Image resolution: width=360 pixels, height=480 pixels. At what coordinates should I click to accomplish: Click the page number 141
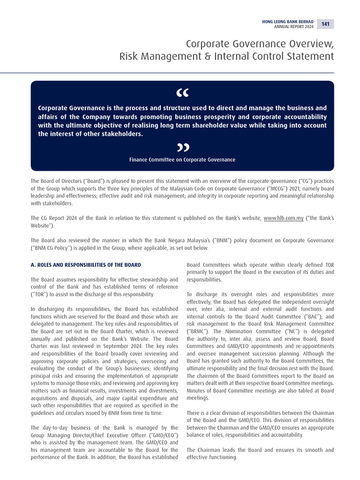325,24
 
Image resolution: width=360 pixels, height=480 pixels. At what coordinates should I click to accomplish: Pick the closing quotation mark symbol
183,148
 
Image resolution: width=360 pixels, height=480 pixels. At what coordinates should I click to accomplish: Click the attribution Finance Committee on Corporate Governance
182,160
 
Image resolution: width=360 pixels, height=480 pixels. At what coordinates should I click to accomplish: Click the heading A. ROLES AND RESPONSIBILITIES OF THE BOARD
86,265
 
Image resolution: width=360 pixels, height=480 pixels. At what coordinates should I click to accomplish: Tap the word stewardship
144,279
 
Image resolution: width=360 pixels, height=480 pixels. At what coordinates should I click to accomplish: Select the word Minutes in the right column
197,391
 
